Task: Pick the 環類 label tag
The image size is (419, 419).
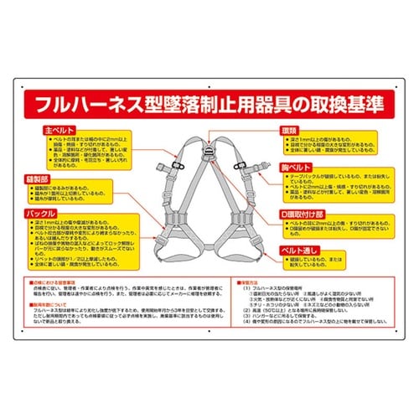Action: (288, 132)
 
